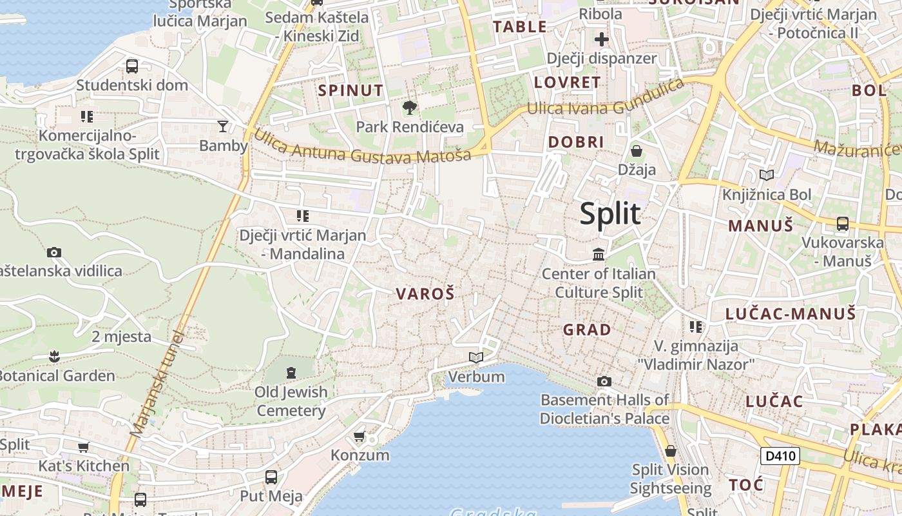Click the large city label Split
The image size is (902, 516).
pos(609,213)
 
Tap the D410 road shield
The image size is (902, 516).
pos(780,456)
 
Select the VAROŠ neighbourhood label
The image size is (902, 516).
pos(425,294)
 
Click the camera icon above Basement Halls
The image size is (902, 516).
pos(604,381)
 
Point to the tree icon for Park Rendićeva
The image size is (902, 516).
pos(409,108)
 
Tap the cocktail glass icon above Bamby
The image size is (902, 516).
pos(223,126)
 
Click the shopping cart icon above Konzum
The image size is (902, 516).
pos(360,436)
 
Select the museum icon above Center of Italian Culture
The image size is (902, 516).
pos(599,255)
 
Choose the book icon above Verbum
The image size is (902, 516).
pos(475,357)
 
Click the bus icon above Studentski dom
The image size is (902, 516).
pos(132,66)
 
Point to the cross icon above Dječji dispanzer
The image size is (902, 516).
pos(601,39)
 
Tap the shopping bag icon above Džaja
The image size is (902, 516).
pos(637,151)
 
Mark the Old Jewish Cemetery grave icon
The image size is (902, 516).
pos(291,372)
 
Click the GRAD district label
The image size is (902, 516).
pos(587,330)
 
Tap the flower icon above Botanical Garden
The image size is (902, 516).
pos(54,356)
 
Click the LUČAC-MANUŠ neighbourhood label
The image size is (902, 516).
pos(791,314)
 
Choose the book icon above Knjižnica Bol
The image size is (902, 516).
pos(766,175)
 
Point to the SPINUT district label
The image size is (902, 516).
pos(350,90)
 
